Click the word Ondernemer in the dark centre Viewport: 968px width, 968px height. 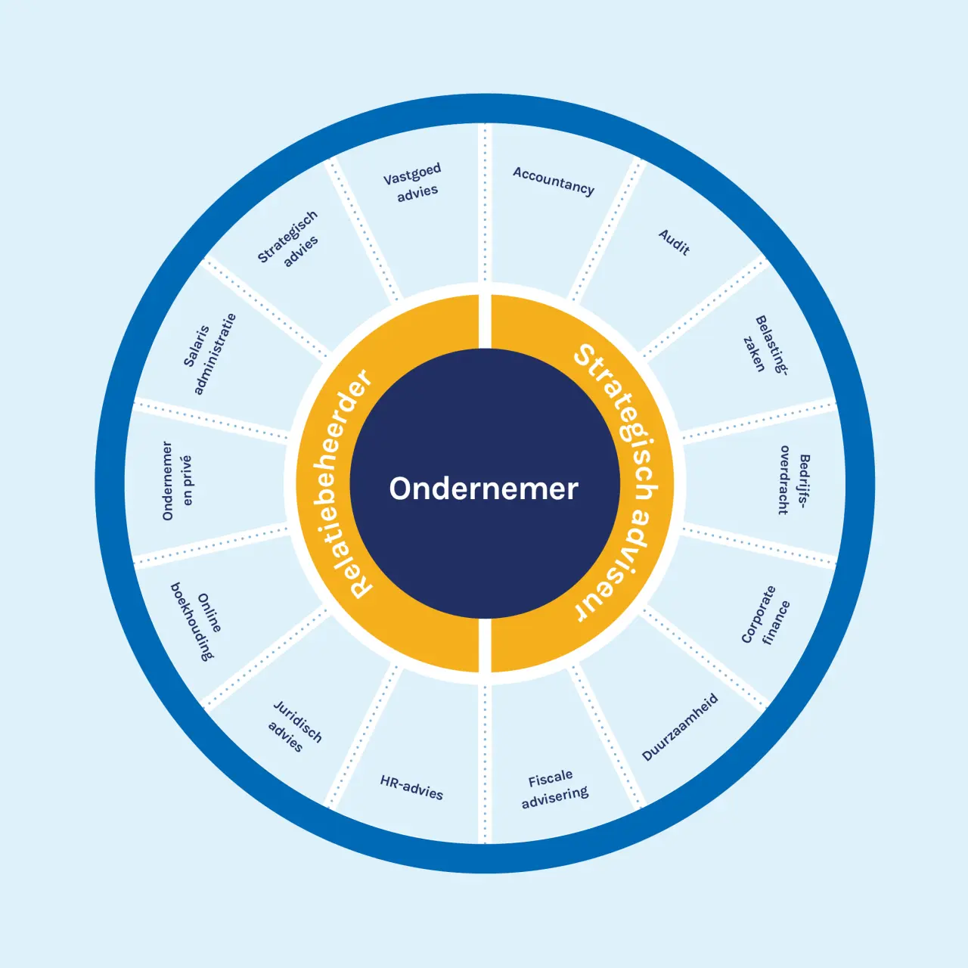pos(483,489)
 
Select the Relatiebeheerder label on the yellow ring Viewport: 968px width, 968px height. pos(336,484)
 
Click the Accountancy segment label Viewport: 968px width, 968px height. pos(554,181)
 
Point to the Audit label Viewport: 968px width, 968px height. pos(674,242)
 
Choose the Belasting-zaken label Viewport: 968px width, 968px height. pos(764,344)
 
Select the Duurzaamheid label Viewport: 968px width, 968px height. pos(680,727)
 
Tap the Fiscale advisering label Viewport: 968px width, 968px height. pos(554,788)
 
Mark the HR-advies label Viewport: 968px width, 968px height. pos(411,787)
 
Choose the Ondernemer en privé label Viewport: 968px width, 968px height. pos(177,481)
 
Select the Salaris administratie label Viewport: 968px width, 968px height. pos(209,353)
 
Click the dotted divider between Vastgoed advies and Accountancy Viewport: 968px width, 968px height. pos(485,204)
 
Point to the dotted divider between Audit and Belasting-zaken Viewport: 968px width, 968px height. pos(703,307)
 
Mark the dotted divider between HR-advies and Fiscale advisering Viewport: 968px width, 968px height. pos(485,764)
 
